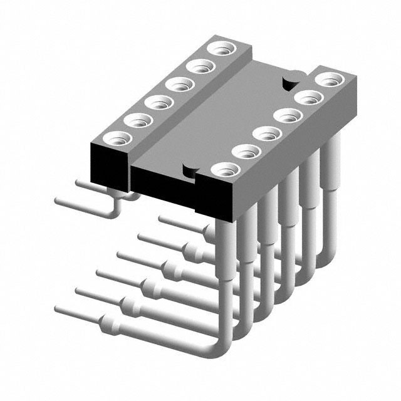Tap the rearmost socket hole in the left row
(x=221, y=49)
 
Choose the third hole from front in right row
(x=267, y=133)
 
